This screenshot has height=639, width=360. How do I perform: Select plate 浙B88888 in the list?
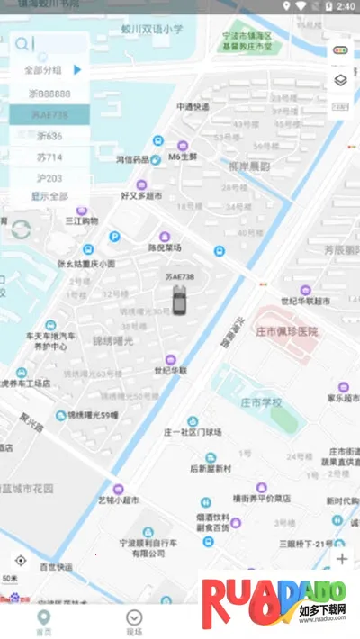click(x=49, y=93)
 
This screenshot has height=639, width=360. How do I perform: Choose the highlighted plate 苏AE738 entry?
click(x=49, y=114)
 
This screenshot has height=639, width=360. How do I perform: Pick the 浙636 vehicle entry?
click(x=49, y=136)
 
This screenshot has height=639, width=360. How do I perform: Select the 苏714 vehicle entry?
click(x=49, y=157)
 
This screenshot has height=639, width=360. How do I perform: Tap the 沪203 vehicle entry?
click(x=49, y=178)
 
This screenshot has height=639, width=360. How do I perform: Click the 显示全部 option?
click(x=49, y=196)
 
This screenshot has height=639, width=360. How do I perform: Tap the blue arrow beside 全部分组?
click(x=77, y=69)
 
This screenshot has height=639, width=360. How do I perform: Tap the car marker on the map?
click(x=180, y=299)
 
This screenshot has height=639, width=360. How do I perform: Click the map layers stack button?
click(x=340, y=80)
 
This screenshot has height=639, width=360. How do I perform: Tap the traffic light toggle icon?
click(x=340, y=50)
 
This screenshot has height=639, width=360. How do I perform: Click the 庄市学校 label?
click(x=262, y=400)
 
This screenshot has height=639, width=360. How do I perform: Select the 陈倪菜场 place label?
click(x=165, y=247)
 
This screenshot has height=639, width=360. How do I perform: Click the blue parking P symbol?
click(x=114, y=237)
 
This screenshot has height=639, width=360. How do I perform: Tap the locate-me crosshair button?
click(x=20, y=560)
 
